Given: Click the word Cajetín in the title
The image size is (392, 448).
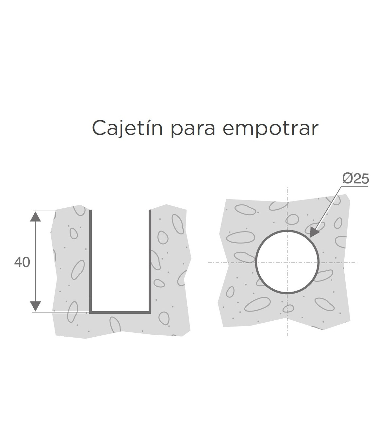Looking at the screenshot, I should [127, 128].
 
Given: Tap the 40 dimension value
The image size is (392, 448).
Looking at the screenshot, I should [22, 262].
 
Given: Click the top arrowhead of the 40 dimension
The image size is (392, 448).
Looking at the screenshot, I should [35, 216].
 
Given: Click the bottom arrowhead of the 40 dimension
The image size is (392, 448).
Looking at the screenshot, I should [35, 306].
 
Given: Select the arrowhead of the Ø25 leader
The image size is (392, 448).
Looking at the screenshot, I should [314, 232].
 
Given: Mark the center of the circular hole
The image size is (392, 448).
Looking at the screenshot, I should [287, 263].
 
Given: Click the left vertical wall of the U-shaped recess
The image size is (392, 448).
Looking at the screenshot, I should [90, 261].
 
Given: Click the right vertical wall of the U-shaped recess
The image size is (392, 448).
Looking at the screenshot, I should [150, 261].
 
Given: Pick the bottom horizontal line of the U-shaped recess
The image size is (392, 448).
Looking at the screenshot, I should [120, 312].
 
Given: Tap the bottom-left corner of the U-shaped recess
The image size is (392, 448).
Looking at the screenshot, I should [90, 312].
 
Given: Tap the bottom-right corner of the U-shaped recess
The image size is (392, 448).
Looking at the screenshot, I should [150, 312].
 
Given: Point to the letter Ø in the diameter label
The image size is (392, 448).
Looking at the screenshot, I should [348, 179].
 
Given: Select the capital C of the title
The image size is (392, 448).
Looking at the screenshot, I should [99, 128].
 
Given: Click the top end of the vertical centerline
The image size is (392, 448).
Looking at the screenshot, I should [287, 189].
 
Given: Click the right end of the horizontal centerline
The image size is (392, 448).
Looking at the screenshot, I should [357, 263].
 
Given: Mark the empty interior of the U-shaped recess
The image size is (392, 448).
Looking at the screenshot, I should [120, 261].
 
